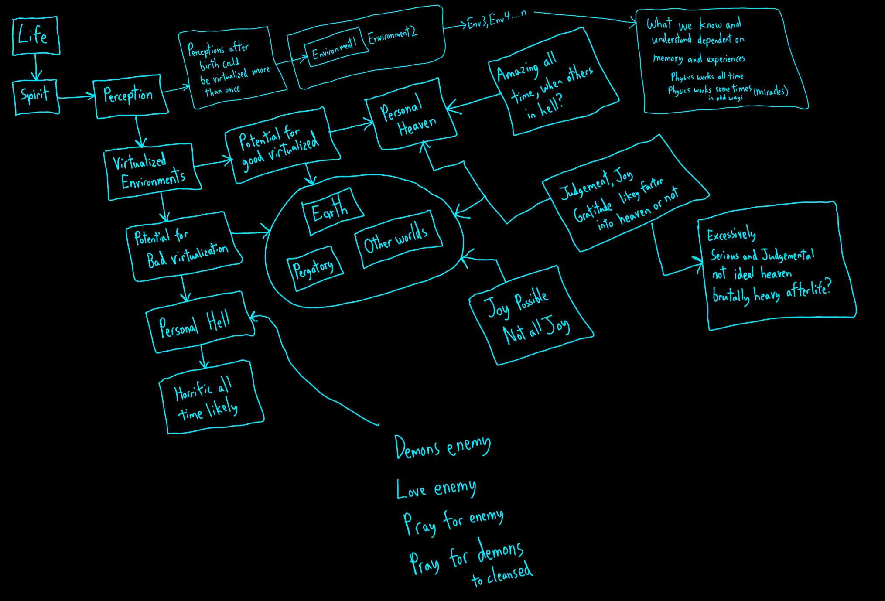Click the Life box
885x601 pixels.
click(x=36, y=36)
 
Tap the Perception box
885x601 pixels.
click(x=130, y=96)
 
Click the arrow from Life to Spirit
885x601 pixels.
click(x=36, y=67)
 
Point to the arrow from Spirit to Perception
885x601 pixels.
click(x=76, y=97)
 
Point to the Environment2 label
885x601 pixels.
click(x=393, y=35)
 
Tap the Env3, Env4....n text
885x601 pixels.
click(x=496, y=19)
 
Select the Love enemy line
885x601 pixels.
click(x=436, y=488)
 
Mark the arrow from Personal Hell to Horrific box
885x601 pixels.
click(x=203, y=355)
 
